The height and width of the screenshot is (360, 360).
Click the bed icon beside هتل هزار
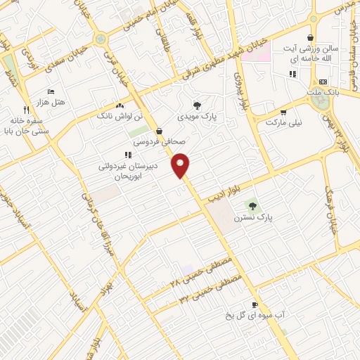[50, 92]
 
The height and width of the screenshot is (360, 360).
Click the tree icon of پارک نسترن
[252, 205]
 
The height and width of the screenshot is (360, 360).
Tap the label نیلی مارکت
[283, 122]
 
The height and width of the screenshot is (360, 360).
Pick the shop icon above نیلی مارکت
[283, 111]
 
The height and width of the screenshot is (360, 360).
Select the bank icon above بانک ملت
[323, 82]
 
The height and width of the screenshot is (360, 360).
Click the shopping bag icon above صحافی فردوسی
[159, 131]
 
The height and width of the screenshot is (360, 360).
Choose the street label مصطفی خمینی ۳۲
[210, 290]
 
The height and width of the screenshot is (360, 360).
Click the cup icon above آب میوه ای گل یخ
[255, 304]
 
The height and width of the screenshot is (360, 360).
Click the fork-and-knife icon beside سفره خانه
[27, 110]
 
